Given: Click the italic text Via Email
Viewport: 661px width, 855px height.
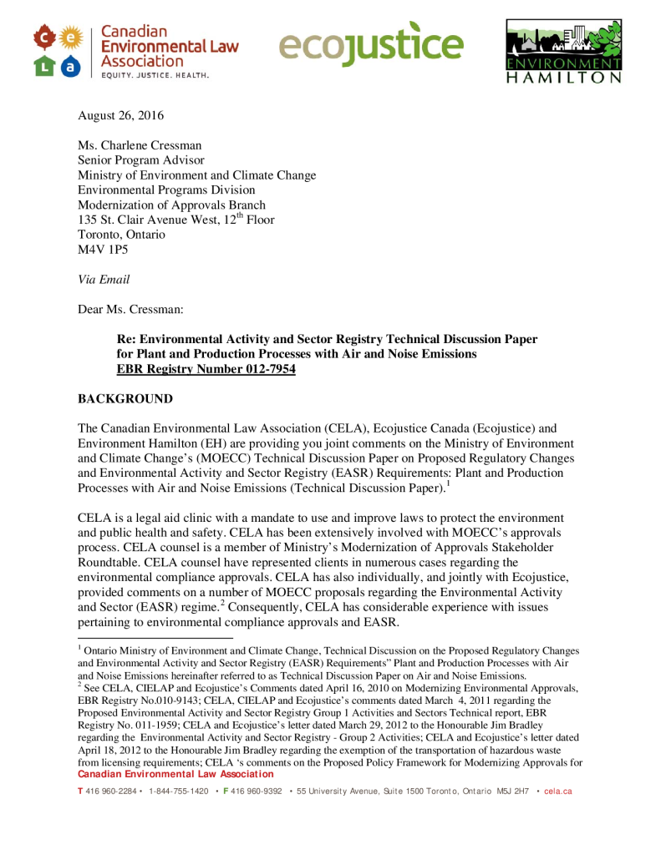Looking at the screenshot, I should click(104, 280).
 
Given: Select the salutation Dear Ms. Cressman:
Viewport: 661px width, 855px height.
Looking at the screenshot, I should click(130, 310).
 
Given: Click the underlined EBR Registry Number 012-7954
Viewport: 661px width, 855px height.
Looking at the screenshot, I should click(206, 369).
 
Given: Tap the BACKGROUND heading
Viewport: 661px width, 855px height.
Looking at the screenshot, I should click(125, 399).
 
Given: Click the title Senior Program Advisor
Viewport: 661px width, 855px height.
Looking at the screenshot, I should click(141, 160).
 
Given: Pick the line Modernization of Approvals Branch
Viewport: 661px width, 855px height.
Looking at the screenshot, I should click(171, 205).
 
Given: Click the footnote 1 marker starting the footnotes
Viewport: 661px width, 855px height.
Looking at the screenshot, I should click(79, 647).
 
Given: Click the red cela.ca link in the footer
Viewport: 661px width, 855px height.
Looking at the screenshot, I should click(557, 791).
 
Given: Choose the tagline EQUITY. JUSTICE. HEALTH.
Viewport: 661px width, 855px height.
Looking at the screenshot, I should click(155, 75).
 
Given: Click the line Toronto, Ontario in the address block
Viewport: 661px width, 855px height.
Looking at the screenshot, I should click(121, 235).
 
